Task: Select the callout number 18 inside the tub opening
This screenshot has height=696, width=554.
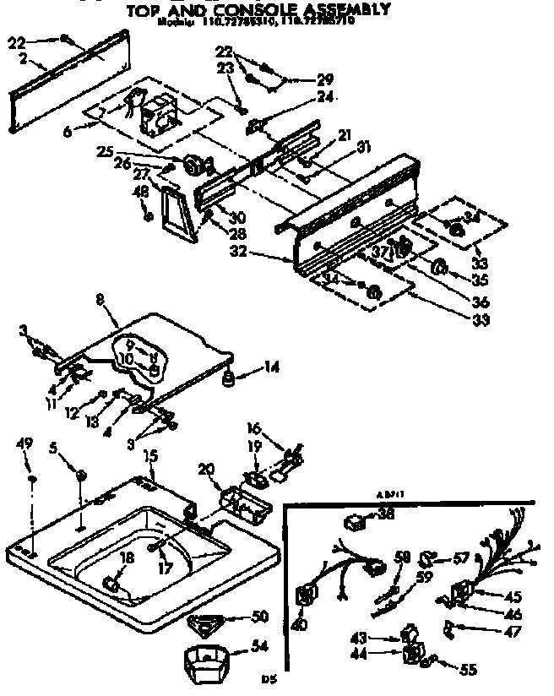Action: coord(127,557)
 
